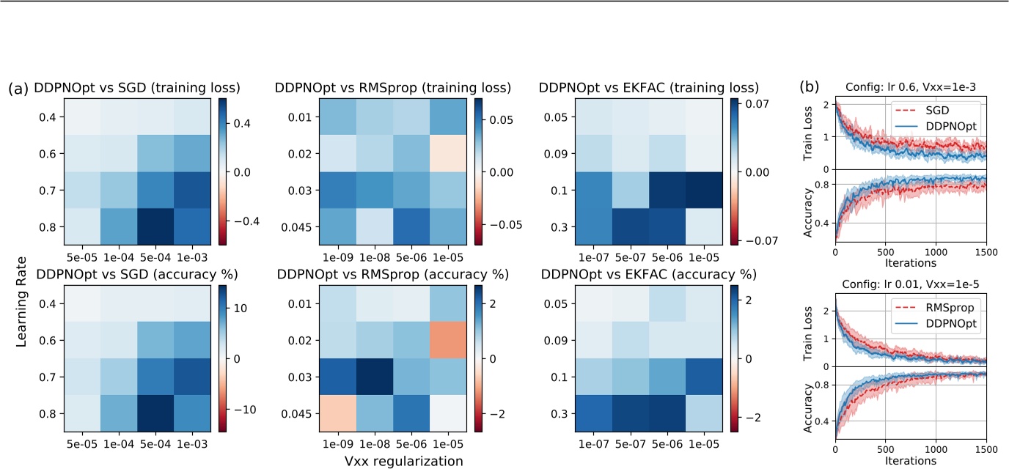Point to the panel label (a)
pos(18,89)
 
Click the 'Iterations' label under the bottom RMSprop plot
pos(910,461)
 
